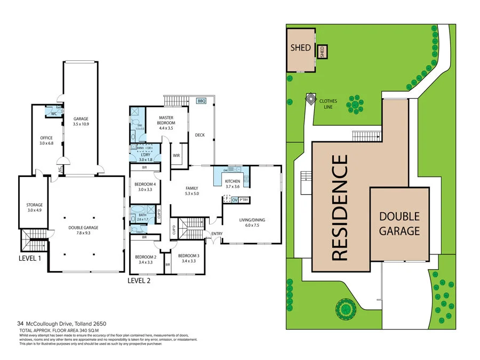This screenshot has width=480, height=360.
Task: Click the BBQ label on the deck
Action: pyautogui.click(x=201, y=101)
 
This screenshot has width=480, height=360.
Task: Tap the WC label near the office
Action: pyautogui.click(x=54, y=114)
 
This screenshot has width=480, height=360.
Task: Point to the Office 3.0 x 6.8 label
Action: pyautogui.click(x=46, y=140)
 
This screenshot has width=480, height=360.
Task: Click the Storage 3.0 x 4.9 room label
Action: pyautogui.click(x=35, y=207)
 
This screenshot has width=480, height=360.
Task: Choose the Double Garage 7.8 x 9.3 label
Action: pyautogui.click(x=83, y=230)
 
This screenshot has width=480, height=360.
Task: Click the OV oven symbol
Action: pyautogui.click(x=235, y=200)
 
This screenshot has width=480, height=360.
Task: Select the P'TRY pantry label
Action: pyautogui.click(x=244, y=200)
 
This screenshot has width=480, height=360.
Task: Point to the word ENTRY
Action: pyautogui.click(x=217, y=234)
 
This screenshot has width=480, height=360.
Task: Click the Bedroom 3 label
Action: pyautogui.click(x=188, y=258)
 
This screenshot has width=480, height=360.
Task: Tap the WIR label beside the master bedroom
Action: pyautogui.click(x=175, y=156)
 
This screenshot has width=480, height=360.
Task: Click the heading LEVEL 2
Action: pyautogui.click(x=139, y=281)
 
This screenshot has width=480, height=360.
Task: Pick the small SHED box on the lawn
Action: pyautogui.click(x=322, y=52)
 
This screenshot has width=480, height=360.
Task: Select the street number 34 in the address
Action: pyautogui.click(x=20, y=323)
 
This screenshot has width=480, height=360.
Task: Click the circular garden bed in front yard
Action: pyautogui.click(x=345, y=308)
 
